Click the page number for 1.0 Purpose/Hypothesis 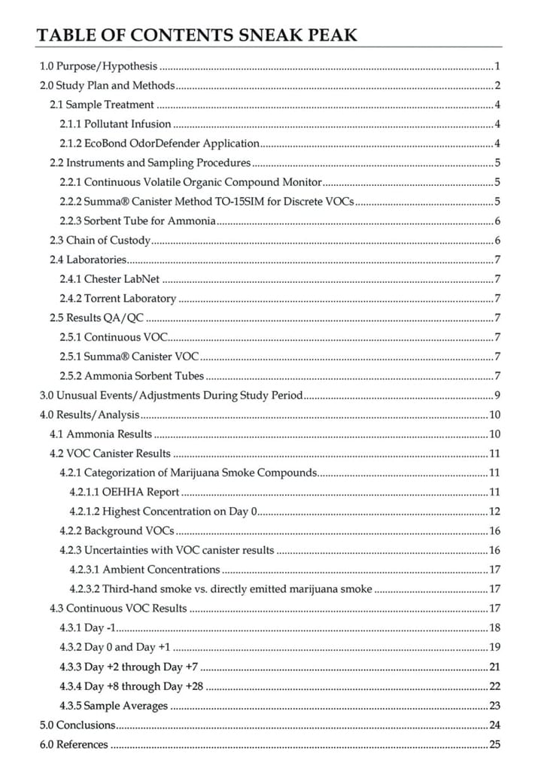pos(498,66)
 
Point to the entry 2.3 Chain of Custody pos(100,240)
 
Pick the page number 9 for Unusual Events pos(498,395)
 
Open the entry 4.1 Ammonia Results pos(101,434)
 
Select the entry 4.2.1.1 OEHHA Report pos(124,492)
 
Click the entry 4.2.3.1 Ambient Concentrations pos(144,570)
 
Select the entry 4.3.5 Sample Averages pos(114,706)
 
